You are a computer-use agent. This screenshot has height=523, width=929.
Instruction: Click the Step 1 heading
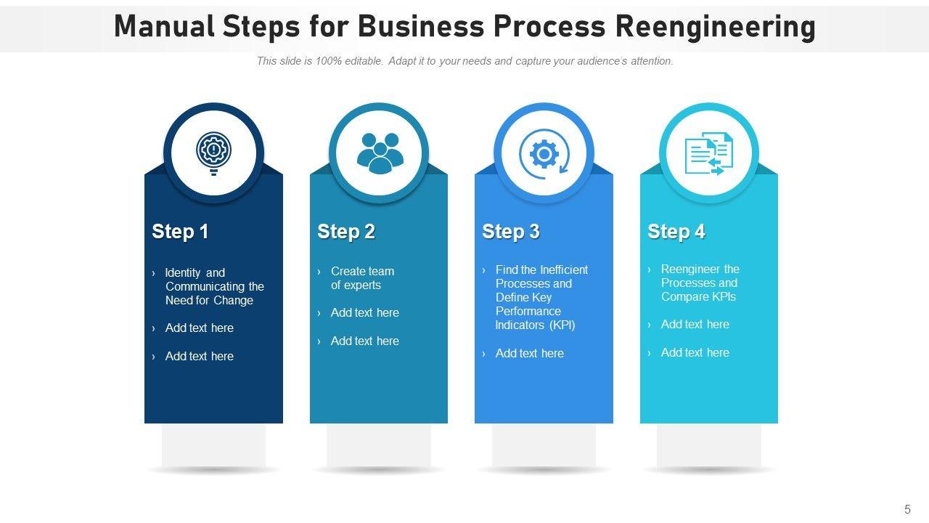pyautogui.click(x=180, y=232)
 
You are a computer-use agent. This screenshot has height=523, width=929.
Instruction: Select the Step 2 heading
pyautogui.click(x=346, y=232)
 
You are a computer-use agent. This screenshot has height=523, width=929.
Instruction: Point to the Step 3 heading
pyautogui.click(x=511, y=232)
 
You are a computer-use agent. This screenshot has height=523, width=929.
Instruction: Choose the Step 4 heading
pyautogui.click(x=676, y=232)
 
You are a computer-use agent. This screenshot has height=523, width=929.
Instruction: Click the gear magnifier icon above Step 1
pyautogui.click(x=213, y=153)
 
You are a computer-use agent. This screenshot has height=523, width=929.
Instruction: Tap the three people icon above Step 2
pyautogui.click(x=379, y=153)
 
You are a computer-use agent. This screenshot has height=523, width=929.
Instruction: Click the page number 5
pyautogui.click(x=907, y=510)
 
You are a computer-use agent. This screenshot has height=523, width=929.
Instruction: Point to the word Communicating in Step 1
pyautogui.click(x=205, y=286)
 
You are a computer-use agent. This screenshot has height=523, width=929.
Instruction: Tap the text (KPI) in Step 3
pyautogui.click(x=562, y=325)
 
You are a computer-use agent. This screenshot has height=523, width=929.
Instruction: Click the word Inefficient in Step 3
pyautogui.click(x=564, y=269)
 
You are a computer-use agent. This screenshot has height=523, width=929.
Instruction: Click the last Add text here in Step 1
pyautogui.click(x=199, y=356)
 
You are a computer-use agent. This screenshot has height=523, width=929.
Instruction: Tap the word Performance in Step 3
pyautogui.click(x=528, y=311)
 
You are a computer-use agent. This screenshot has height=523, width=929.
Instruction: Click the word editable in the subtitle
pyautogui.click(x=364, y=61)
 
